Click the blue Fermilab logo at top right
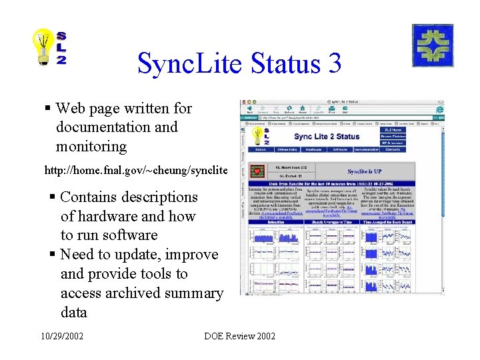tap(432, 45)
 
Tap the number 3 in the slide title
tap(333, 64)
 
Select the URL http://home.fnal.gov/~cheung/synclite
tap(136, 171)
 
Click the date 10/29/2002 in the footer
tap(61, 337)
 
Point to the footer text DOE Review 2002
tap(239, 337)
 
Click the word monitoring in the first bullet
tap(91, 146)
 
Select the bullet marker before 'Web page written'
tap(48, 108)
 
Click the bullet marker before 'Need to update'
tap(53, 255)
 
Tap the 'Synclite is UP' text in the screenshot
tap(365, 171)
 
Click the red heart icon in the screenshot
tap(256, 172)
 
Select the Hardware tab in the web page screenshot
tap(313, 149)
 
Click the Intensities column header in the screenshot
tap(276, 222)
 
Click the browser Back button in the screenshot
tap(249, 111)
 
